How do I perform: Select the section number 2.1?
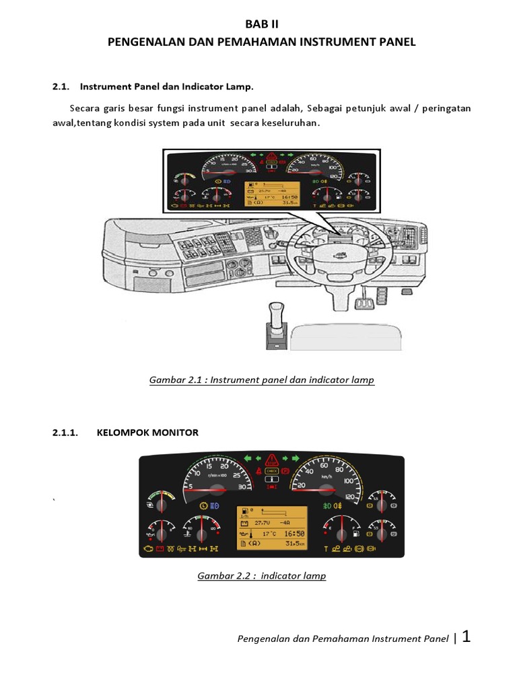coord(61,87)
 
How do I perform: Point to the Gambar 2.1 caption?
coord(261,380)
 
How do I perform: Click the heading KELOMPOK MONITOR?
coord(149,433)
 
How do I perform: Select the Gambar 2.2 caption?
coord(261,576)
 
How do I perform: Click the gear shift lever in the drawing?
coord(274,320)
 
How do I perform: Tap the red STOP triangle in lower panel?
coord(272,460)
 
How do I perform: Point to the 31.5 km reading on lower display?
coord(294,543)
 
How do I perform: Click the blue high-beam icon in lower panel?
coord(215,504)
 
